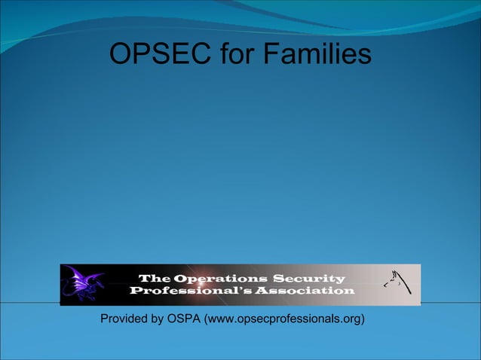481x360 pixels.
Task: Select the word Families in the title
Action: (316, 54)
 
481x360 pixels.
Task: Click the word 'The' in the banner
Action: (154, 278)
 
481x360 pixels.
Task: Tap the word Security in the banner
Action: (308, 278)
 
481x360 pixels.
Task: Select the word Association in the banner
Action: (302, 290)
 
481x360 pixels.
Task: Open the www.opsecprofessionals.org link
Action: (286, 319)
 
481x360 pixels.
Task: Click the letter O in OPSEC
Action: (121, 54)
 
